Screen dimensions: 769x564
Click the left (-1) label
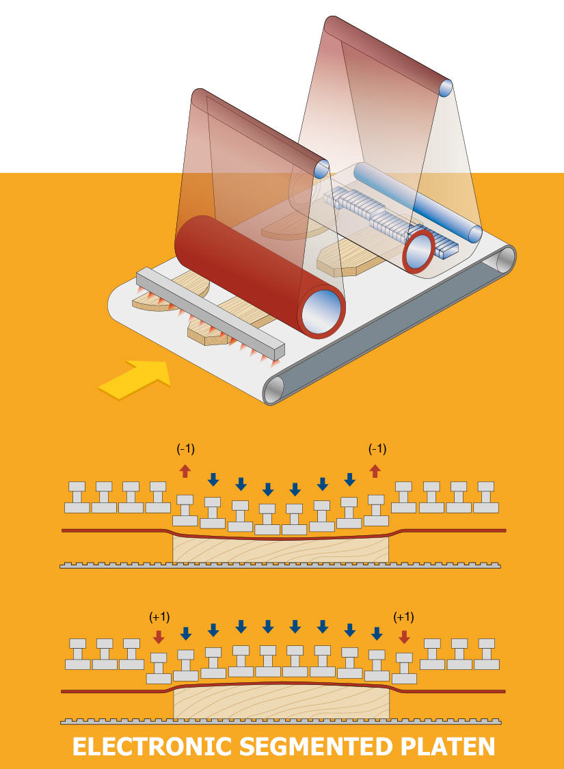pos(185,449)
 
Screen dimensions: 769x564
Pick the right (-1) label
pos(377,449)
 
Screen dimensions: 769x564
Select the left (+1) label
pos(159,617)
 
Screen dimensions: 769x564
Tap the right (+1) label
pos(404,617)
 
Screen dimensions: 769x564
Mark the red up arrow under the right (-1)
pos(375,471)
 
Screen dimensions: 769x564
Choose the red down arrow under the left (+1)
pos(159,636)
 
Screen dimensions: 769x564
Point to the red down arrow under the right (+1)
pos(404,636)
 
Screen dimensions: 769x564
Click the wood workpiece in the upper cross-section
pos(280,550)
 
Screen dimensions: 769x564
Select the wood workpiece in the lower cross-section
pos(280,703)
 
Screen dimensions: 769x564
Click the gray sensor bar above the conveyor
pos(209,313)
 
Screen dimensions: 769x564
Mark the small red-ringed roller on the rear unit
pos(418,252)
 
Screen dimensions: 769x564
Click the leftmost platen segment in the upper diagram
pos(77,498)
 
